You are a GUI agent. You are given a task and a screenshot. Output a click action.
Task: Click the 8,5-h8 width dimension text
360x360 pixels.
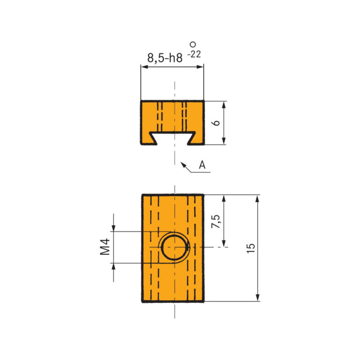[165, 58]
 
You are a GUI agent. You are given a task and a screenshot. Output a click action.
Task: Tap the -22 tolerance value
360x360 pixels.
[194, 54]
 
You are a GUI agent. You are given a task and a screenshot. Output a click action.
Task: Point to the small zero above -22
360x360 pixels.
[193, 44]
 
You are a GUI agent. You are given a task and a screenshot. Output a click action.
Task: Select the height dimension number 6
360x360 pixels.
[216, 122]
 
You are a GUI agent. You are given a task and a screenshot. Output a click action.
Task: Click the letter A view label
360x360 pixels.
[202, 165]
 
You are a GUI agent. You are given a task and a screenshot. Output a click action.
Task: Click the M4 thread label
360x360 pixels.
[105, 247]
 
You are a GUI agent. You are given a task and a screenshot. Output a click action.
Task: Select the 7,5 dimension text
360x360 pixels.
[216, 221]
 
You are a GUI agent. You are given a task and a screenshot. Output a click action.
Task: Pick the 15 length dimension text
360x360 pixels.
[251, 248]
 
